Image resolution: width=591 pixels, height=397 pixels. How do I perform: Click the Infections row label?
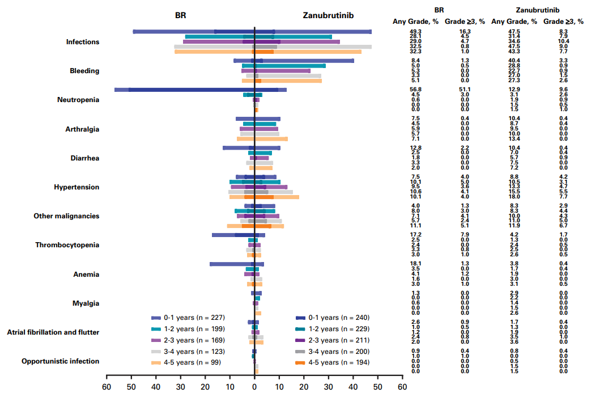(83, 42)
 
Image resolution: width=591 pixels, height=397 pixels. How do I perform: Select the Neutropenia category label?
(78, 100)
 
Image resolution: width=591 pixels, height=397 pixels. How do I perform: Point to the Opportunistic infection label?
(60, 361)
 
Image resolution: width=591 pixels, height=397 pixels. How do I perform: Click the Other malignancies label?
(66, 216)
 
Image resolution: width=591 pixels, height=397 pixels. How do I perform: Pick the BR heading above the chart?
(180, 15)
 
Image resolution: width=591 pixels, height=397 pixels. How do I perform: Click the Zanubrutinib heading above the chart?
(329, 15)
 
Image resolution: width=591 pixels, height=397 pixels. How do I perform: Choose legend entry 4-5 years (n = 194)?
(341, 362)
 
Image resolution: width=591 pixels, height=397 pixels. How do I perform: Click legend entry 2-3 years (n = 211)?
(341, 340)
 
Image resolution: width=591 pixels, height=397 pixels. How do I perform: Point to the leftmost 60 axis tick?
(107, 387)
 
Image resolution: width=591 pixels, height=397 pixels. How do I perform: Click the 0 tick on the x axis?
(254, 387)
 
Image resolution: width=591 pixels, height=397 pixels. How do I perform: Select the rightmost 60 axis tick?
(402, 387)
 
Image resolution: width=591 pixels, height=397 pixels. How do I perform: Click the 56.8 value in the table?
(416, 90)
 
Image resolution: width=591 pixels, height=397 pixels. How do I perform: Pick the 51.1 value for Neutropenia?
(465, 90)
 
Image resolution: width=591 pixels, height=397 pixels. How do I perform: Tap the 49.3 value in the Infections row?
(416, 32)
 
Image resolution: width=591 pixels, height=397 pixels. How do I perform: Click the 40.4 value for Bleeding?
(514, 61)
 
